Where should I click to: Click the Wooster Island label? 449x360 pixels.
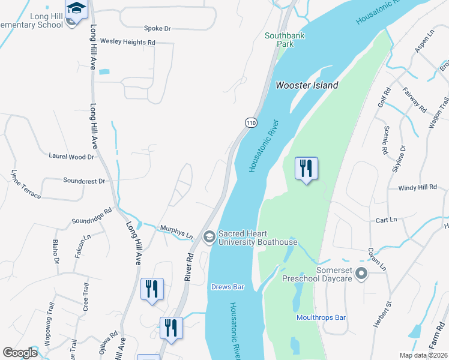[307, 85]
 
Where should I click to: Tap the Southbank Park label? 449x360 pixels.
[285, 40]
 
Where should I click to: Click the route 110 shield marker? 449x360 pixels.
[251, 122]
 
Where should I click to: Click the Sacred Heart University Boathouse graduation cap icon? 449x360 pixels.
[209, 237]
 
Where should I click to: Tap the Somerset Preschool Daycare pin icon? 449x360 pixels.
[361, 274]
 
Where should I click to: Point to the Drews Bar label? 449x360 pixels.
[228, 287]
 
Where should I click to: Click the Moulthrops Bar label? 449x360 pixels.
[321, 317]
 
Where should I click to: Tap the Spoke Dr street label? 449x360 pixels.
[157, 28]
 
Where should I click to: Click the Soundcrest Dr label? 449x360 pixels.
[84, 181]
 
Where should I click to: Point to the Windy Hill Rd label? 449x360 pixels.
[418, 188]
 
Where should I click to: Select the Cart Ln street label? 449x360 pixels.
[385, 220]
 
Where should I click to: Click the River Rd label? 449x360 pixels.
[188, 267]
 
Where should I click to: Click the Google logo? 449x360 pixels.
[20, 353]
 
